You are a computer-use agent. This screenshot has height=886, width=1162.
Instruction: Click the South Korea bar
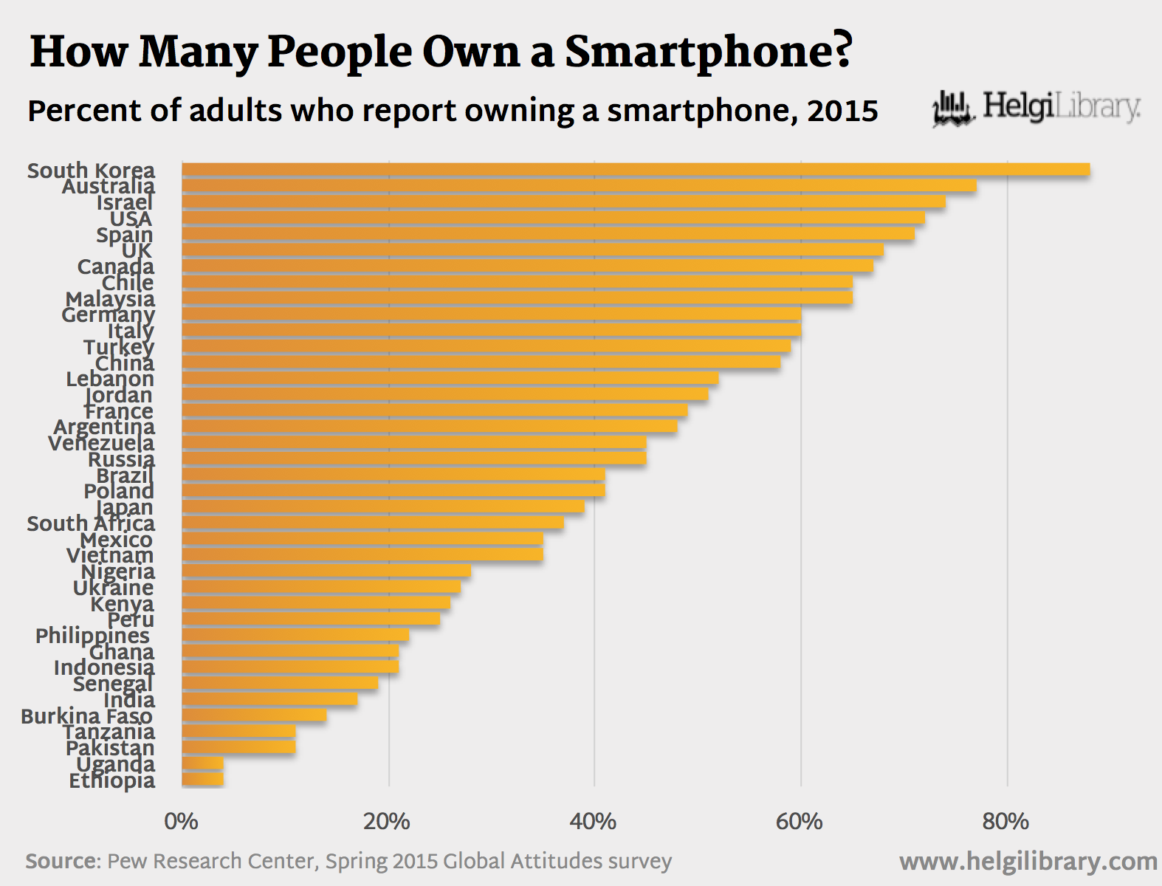(x=635, y=170)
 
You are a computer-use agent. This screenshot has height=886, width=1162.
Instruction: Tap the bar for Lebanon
(x=450, y=379)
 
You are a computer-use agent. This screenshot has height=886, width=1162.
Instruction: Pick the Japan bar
(x=382, y=506)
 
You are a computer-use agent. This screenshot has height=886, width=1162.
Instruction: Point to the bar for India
(x=269, y=699)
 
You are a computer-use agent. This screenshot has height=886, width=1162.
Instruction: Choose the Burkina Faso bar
(x=254, y=715)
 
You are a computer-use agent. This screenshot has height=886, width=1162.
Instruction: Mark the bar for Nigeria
(x=326, y=571)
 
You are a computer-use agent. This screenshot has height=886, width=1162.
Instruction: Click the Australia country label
(x=109, y=186)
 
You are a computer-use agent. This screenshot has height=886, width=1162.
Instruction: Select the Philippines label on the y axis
(x=92, y=636)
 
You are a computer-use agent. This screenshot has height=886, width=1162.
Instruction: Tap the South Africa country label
(x=91, y=523)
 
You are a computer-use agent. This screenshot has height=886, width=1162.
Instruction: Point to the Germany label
(x=108, y=315)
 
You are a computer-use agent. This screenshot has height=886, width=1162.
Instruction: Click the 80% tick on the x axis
(x=1005, y=821)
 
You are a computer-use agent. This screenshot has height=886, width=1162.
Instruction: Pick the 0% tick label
(x=181, y=821)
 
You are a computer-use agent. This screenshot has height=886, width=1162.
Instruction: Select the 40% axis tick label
(x=594, y=821)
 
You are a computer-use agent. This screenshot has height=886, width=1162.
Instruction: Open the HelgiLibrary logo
(x=1036, y=109)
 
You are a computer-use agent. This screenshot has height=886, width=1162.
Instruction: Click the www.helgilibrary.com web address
(x=1028, y=861)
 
